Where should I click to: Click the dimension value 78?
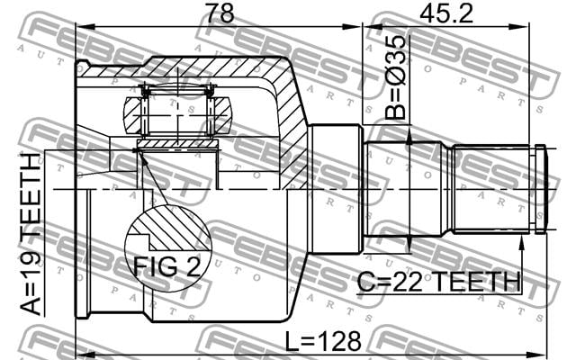click(220, 13)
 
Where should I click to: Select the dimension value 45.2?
click(446, 13)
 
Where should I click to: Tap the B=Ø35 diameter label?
click(396, 78)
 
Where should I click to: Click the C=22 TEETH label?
click(439, 282)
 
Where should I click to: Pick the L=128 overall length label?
click(323, 341)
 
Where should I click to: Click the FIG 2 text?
click(167, 266)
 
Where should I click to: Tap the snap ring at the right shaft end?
click(540, 189)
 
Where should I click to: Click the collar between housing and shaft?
click(335, 189)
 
